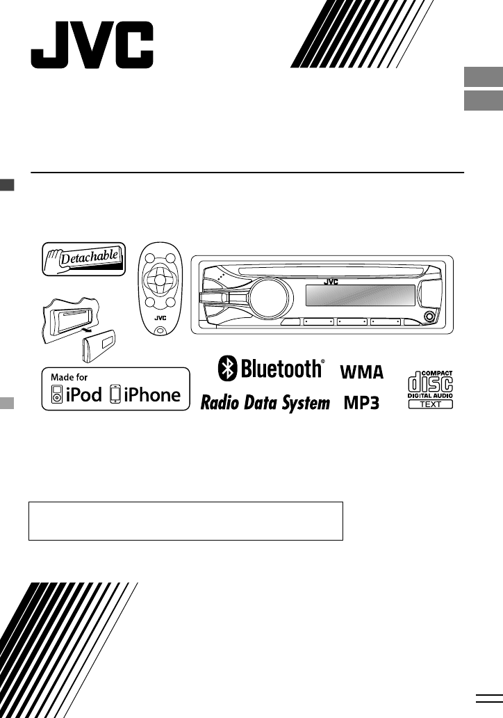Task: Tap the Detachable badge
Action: [x=84, y=260]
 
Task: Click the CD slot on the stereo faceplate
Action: [x=327, y=270]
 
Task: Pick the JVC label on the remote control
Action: [x=160, y=319]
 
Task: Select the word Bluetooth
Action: [x=281, y=369]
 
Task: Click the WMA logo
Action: [x=361, y=372]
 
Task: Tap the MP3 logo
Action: [x=361, y=404]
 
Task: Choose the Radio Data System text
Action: [x=265, y=404]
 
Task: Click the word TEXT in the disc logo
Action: [x=431, y=404]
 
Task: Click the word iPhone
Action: [x=151, y=395]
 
